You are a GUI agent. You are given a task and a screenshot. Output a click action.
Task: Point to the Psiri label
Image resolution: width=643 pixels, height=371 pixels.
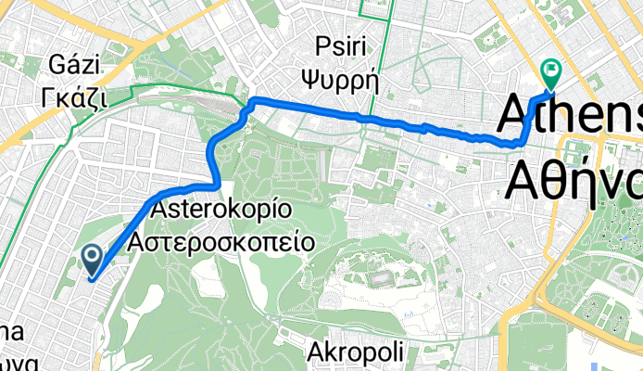(x=343, y=46)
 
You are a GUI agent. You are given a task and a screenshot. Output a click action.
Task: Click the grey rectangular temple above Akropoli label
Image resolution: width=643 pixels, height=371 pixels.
(x=380, y=279)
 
